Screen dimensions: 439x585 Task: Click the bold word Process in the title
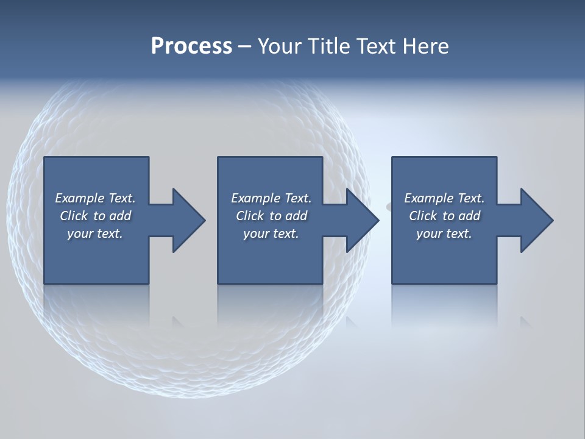pyautogui.click(x=191, y=46)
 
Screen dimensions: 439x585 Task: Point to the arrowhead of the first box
pyautogui.click(x=190, y=220)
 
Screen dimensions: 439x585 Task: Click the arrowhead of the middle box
pyautogui.click(x=363, y=220)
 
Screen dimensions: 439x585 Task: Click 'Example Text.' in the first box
pyautogui.click(x=95, y=198)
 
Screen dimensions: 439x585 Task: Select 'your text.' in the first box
pyautogui.click(x=95, y=234)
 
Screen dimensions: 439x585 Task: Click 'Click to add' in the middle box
pyautogui.click(x=271, y=216)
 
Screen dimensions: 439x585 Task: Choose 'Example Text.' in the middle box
pyautogui.click(x=271, y=198)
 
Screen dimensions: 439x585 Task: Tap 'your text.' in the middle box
pyautogui.click(x=271, y=234)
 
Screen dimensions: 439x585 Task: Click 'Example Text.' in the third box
pyautogui.click(x=444, y=198)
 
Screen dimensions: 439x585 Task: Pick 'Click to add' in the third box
pyautogui.click(x=444, y=216)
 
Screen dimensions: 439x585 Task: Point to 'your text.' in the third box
pyautogui.click(x=444, y=234)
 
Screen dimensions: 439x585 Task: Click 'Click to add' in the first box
pyautogui.click(x=95, y=216)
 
